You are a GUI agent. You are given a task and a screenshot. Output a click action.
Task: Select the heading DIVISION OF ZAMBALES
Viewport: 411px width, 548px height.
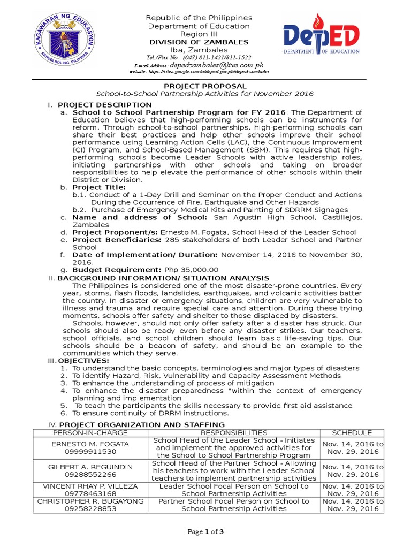tap(199, 43)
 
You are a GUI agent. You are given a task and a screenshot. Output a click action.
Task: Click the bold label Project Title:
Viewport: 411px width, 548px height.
tap(99, 187)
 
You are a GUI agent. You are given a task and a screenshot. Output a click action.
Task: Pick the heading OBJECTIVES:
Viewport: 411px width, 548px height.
tap(80, 361)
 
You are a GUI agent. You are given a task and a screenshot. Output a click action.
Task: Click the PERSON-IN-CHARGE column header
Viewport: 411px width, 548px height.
tap(90, 432)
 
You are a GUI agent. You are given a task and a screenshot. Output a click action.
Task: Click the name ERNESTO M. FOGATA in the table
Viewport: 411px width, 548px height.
tap(90, 444)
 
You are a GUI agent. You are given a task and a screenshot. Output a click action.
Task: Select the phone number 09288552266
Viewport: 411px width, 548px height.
tap(90, 475)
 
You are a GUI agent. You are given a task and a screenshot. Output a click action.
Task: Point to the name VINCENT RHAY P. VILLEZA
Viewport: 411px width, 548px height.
tap(90, 486)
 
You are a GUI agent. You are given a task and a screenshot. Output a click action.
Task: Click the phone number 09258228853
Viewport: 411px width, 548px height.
tap(90, 509)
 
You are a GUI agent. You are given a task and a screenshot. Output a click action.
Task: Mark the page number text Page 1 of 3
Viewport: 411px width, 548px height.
tap(205, 531)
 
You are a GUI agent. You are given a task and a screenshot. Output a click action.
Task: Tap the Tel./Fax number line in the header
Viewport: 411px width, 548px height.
tap(199, 57)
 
